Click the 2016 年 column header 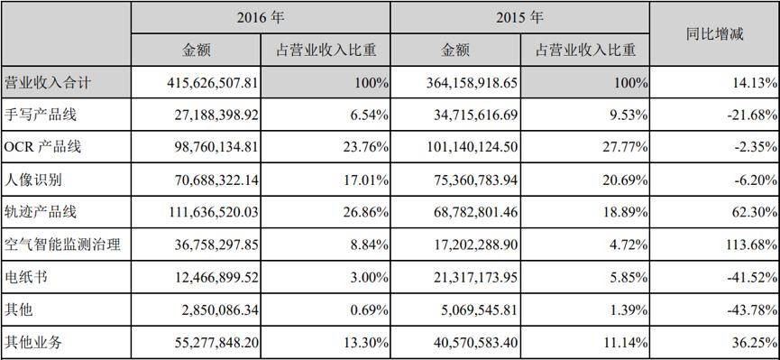(261, 17)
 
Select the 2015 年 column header (520, 17)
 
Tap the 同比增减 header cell (713, 33)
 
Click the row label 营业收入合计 (48, 83)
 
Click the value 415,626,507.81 (213, 83)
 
